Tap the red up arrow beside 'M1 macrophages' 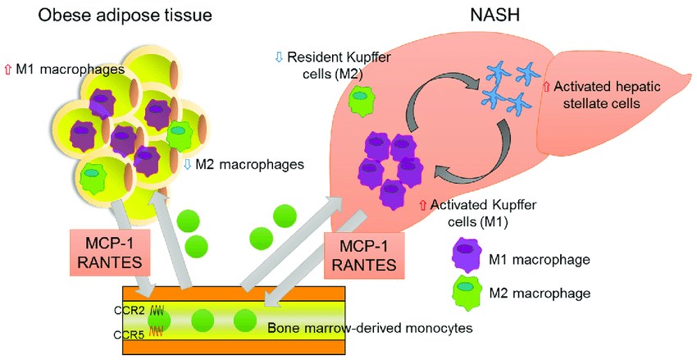[9, 71]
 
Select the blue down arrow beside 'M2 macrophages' [187, 165]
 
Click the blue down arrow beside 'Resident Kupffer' [279, 59]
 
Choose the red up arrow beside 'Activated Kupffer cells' [423, 206]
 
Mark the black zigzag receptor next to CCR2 [157, 311]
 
